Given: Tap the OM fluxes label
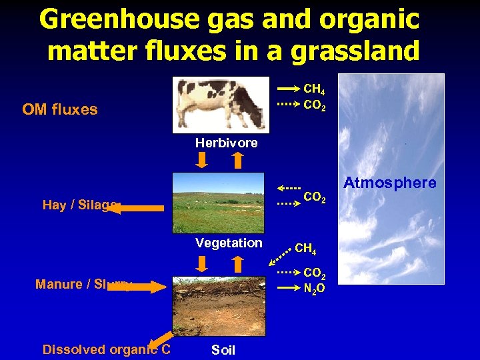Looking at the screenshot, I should click(x=60, y=109).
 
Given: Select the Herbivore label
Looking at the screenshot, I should click(x=226, y=143).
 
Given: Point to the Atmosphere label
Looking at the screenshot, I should click(x=390, y=183).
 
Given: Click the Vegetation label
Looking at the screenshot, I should click(x=229, y=243).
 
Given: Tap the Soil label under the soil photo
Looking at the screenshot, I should click(x=223, y=350).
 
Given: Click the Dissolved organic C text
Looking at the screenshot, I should click(x=106, y=349).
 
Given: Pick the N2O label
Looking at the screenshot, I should click(x=314, y=288).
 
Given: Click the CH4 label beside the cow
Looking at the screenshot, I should click(x=314, y=89).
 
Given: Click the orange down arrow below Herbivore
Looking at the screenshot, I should click(x=203, y=161).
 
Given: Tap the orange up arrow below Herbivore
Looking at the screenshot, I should click(x=237, y=161).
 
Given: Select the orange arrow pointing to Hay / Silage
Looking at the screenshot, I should click(x=136, y=209).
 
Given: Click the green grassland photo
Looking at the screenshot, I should click(x=218, y=203).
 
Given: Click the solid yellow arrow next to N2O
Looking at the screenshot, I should click(x=288, y=288).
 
